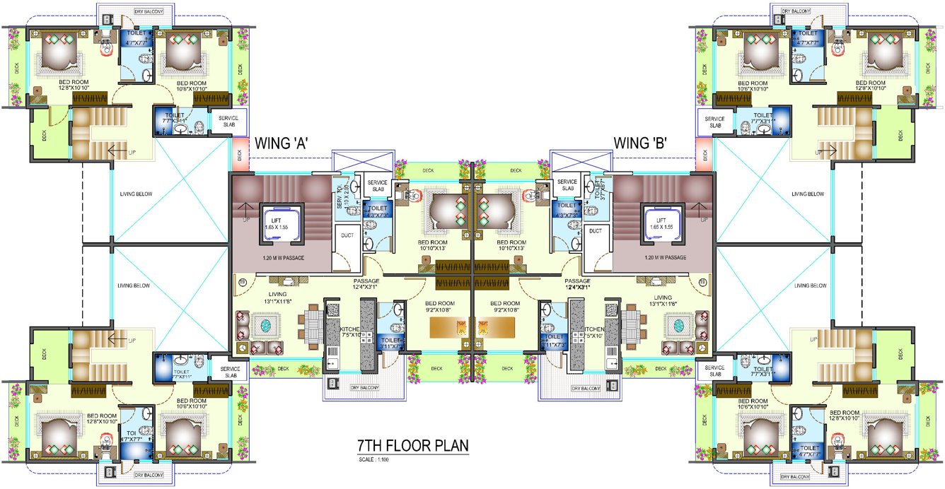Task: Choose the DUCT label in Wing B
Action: click(596, 231)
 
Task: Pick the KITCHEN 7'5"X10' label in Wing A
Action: click(349, 332)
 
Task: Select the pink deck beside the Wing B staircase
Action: click(704, 155)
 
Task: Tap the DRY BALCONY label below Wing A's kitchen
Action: click(365, 388)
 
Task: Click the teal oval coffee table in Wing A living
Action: click(266, 326)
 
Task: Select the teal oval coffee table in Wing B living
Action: click(678, 326)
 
